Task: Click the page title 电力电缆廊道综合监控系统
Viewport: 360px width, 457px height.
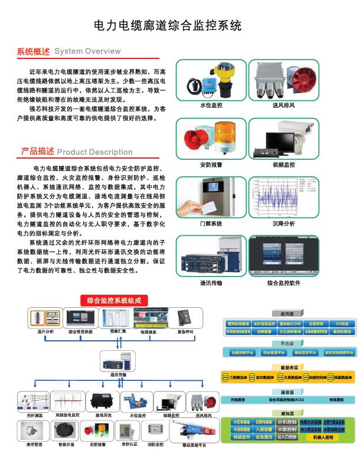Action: click(168, 26)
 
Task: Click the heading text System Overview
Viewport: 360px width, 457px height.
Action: click(87, 51)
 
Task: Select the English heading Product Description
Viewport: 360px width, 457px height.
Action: click(94, 152)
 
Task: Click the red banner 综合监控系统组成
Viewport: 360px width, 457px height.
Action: click(114, 300)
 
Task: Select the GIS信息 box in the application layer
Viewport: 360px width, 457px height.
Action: click(342, 324)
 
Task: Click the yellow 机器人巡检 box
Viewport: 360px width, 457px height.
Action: click(322, 437)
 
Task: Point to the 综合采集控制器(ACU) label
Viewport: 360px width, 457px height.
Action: click(287, 399)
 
